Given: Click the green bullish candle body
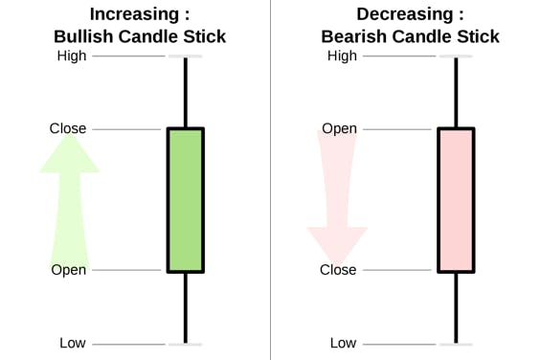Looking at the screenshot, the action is point(186,200).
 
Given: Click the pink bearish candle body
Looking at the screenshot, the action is point(457,200).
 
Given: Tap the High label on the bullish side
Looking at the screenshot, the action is point(72,56).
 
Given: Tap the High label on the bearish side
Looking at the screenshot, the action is point(342,56).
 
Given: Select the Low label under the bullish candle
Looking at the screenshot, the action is point(73,343).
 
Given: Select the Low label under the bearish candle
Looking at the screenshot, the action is point(343,343).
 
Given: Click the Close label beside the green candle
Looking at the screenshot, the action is point(68,128).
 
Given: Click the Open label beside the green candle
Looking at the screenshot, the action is point(69,270).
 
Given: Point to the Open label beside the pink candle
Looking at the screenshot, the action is point(339,129).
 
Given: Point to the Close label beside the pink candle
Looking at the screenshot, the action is point(338,270).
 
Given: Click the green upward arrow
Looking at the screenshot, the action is point(70,200).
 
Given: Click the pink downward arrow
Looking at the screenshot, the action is point(337,196).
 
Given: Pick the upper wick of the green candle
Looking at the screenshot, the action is point(186,92).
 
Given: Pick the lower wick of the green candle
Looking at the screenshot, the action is point(186,308).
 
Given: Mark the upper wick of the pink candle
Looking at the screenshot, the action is point(457,92).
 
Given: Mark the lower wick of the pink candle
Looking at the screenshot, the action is point(457,308).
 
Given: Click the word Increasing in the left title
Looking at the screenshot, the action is point(134,14).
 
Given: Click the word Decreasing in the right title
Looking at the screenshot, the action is point(405,14).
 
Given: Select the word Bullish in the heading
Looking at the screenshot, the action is point(83,36).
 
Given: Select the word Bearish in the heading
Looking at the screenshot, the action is point(354,36).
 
